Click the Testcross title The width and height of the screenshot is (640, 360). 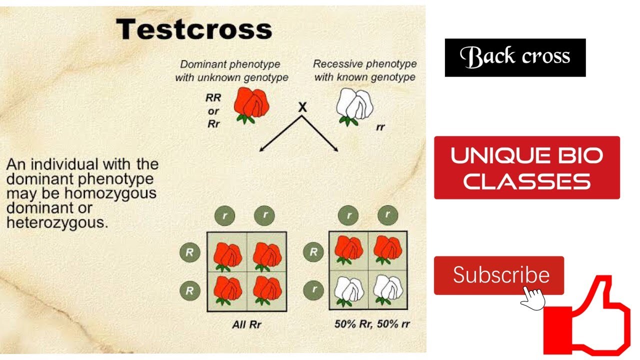coord(194,30)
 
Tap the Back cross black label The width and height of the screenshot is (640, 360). coord(515,57)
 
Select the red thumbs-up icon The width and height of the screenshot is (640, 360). coord(590,315)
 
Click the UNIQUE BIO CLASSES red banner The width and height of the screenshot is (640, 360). coord(526,167)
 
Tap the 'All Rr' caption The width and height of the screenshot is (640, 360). coord(247,324)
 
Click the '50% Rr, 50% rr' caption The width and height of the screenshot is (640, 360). coord(372,324)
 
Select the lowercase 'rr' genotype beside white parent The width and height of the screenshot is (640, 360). coord(380,127)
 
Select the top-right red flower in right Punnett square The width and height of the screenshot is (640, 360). coord(387,250)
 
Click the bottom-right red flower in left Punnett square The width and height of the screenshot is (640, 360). coord(266,290)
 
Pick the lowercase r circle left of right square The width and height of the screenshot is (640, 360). coord(313,290)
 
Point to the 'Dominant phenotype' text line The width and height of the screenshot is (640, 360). coord(230,64)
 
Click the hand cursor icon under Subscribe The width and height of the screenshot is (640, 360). coord(532,298)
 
